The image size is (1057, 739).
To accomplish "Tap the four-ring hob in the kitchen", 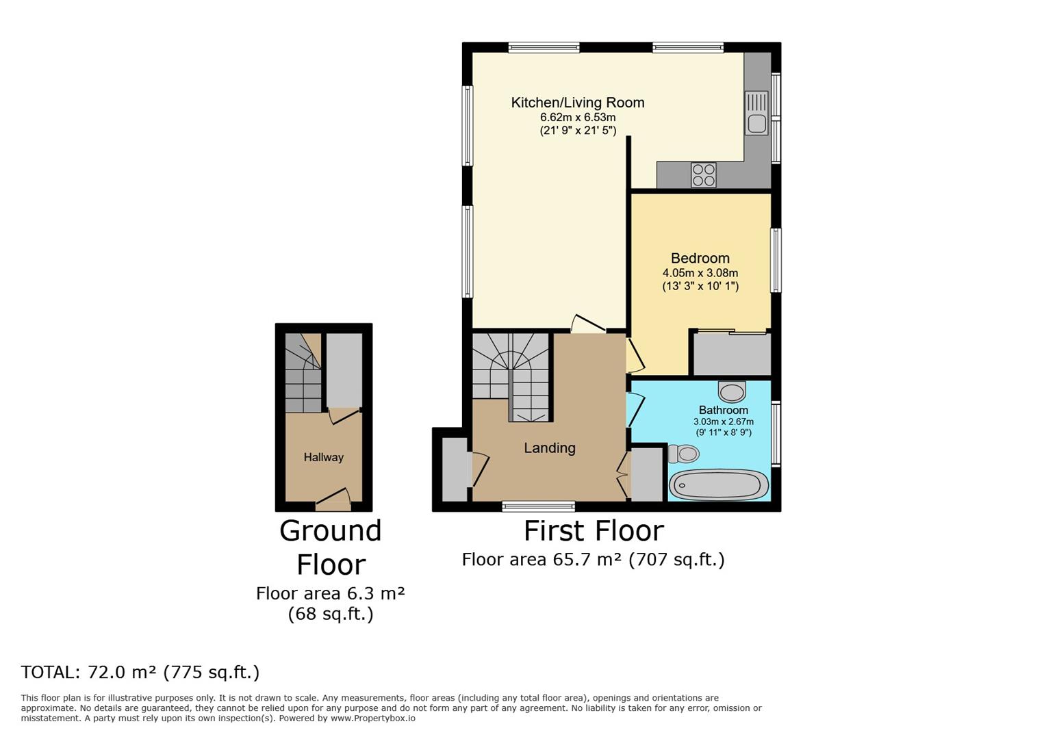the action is (704, 175).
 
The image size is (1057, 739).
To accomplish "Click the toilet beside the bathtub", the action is (684, 454).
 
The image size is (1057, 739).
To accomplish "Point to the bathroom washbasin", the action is (732, 391).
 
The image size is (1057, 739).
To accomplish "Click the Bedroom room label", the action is (700, 258).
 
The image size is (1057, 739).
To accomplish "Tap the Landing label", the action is (550, 448).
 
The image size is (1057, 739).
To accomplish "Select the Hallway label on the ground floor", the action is (323, 457).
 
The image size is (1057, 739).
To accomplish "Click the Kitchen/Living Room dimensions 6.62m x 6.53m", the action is (578, 117).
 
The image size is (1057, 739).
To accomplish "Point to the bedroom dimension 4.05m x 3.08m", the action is (700, 272).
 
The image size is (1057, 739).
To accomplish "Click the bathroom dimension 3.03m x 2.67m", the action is (724, 422).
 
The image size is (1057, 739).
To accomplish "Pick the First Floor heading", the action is (594, 530).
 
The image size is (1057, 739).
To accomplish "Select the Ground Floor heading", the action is (331, 547).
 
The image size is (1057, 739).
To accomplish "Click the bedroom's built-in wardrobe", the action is (732, 354).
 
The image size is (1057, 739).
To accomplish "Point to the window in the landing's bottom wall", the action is (538, 507).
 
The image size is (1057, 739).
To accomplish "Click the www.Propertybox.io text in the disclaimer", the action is (373, 718).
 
